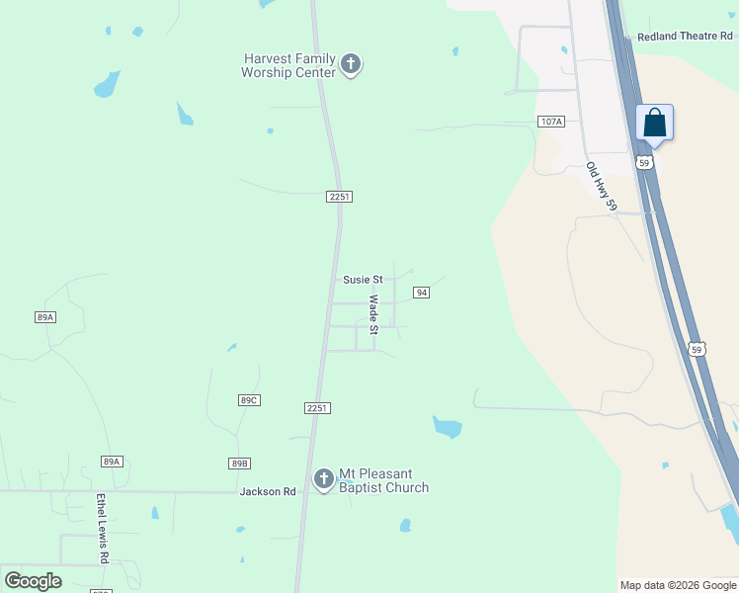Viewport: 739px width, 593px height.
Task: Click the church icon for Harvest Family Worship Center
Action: [350, 65]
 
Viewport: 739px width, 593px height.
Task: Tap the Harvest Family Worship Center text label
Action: [289, 66]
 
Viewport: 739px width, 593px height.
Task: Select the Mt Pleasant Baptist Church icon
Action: [323, 479]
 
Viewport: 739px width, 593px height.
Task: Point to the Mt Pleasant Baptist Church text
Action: [383, 480]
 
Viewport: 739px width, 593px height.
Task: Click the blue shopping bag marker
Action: [654, 124]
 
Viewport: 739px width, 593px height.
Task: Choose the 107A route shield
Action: [551, 122]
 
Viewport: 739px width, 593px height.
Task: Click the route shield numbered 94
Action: [421, 293]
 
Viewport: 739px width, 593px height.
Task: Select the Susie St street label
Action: [363, 280]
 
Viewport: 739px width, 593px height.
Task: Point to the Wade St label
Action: [373, 315]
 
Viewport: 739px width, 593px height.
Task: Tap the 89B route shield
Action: [239, 463]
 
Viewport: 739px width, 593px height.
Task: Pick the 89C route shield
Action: [249, 399]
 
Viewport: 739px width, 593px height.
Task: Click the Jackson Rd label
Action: [268, 491]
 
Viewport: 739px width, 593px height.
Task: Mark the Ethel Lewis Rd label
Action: [102, 529]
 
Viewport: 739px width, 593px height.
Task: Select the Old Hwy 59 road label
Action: [601, 187]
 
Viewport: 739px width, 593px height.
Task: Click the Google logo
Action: [33, 581]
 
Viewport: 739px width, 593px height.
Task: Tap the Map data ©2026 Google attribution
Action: [677, 585]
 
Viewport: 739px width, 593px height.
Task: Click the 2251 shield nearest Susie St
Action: [340, 197]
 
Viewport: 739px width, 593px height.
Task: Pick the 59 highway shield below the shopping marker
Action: [645, 162]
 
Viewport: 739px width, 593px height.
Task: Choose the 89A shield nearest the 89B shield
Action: [112, 462]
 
